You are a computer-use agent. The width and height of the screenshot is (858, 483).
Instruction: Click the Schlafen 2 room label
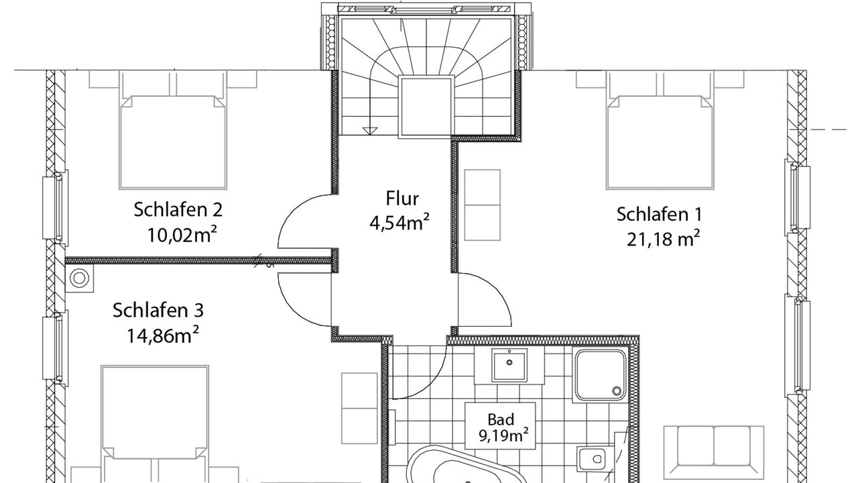178,210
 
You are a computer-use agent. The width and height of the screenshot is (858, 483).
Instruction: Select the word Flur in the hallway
402,198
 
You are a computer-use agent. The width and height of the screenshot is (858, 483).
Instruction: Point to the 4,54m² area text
400,222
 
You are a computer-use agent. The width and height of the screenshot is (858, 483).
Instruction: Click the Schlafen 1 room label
659,214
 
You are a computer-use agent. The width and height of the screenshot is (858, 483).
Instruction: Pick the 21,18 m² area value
664,239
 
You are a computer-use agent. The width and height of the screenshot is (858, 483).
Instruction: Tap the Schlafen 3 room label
158,310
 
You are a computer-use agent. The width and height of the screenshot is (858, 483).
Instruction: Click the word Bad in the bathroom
501,419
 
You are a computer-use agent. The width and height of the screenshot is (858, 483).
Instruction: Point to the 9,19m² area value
503,436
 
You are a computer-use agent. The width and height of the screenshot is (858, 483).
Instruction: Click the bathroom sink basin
509,366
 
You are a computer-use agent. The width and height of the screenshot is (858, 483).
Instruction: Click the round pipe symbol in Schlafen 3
79,278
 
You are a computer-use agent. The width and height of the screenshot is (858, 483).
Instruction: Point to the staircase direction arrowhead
369,131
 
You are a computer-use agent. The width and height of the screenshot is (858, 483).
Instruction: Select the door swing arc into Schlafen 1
494,291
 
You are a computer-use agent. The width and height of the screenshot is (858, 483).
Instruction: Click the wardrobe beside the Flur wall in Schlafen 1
482,205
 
